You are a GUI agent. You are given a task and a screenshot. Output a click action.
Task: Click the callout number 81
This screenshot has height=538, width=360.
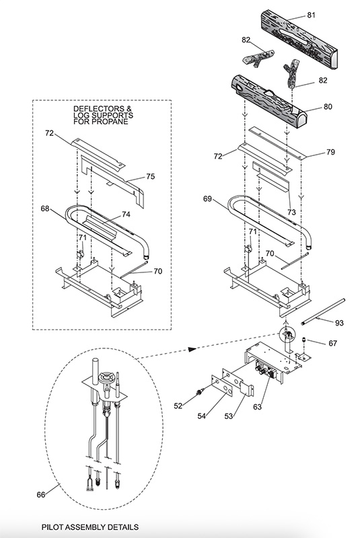pos(311,15)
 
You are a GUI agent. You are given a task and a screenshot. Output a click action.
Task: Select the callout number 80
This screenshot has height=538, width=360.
pos(328,107)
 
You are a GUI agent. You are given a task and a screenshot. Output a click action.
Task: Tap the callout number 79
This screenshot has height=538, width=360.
pos(330,152)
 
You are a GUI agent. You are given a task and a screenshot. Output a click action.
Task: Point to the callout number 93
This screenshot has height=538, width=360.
pos(339,323)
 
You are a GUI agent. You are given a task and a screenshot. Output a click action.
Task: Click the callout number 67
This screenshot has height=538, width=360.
pos(332,343)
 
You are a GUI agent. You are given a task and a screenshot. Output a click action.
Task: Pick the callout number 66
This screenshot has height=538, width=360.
pos(41,494)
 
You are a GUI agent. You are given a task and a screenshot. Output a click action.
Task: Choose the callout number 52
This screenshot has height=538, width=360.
pos(178,406)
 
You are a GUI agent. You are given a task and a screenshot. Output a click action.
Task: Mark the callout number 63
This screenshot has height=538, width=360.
pos(257,407)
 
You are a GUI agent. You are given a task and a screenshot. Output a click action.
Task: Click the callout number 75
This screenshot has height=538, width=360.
pos(150,176)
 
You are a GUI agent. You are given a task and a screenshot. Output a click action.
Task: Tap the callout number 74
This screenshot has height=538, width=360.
pos(126,215)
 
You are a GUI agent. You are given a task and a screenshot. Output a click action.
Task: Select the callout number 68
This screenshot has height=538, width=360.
pos(45,208)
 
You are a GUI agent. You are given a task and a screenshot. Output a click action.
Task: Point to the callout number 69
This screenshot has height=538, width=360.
pos(207,198)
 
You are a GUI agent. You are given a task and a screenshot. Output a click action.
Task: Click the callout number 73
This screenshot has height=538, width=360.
pos(291,213)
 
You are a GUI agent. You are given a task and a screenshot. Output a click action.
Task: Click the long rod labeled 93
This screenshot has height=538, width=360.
pos(323,311)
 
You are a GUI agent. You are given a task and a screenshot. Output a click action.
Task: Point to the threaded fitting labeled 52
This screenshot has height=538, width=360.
pos(199,391)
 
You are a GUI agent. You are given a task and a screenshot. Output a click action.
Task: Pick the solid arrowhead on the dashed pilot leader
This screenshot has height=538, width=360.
pos(192,349)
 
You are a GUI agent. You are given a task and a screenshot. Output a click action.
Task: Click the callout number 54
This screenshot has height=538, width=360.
pos(201,416)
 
